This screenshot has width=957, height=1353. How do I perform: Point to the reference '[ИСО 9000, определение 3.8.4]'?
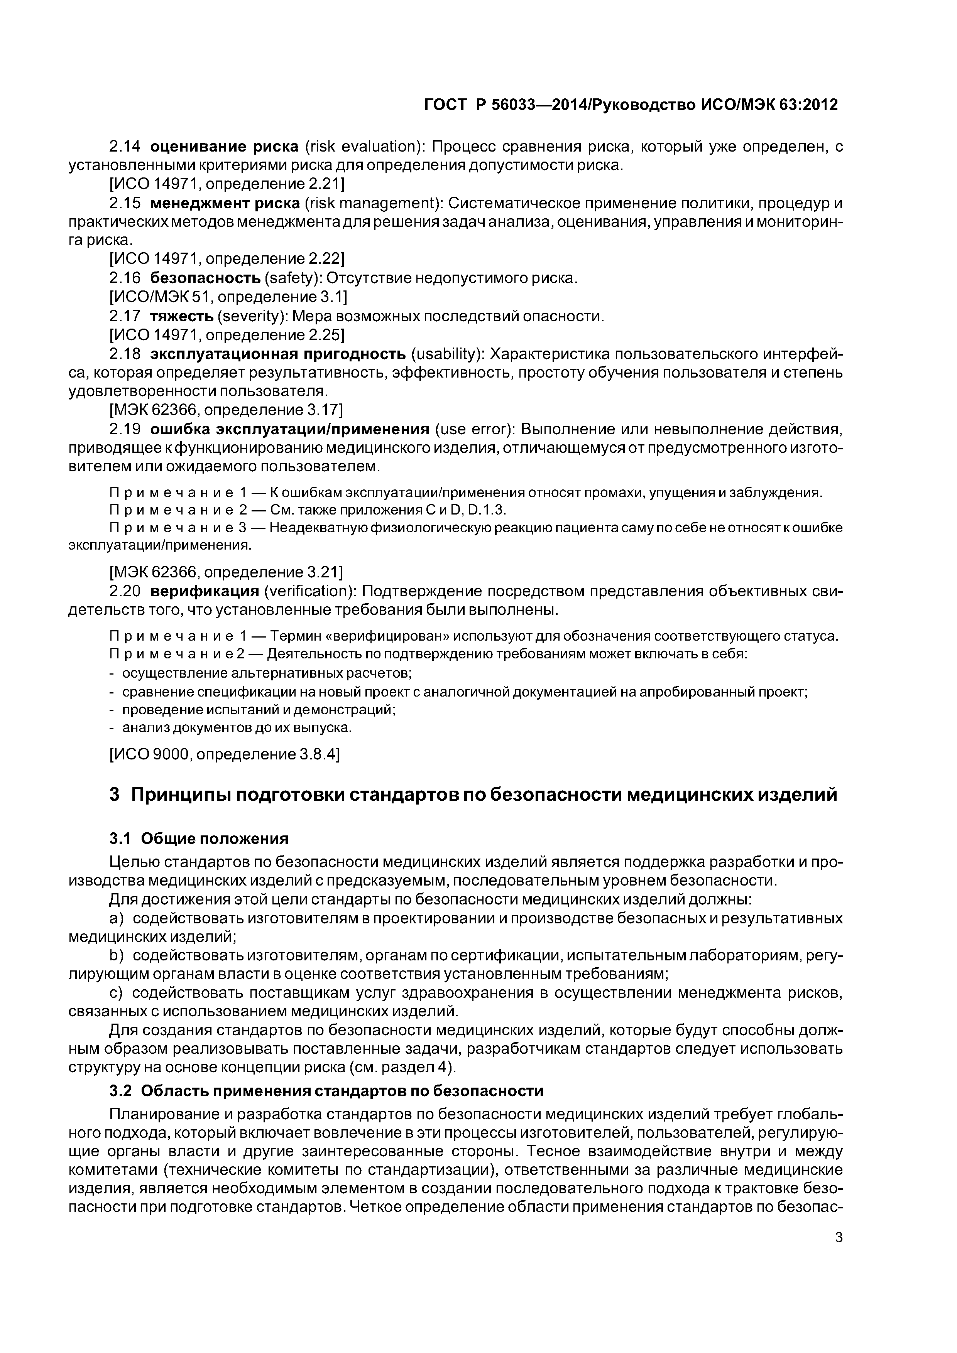(225, 754)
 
